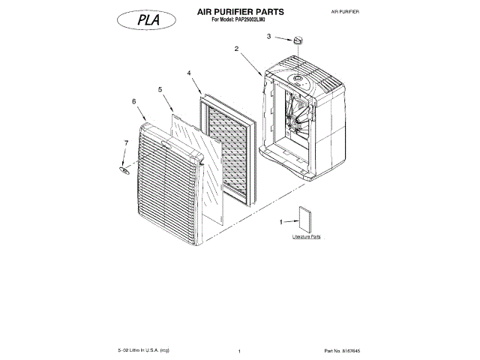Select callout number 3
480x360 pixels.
click(x=268, y=36)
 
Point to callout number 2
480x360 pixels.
click(x=236, y=49)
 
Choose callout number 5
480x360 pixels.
click(x=160, y=89)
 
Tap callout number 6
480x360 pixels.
click(x=133, y=100)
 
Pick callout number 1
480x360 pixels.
click(x=281, y=222)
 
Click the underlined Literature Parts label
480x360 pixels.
click(x=306, y=236)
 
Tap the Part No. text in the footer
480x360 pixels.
click(x=343, y=350)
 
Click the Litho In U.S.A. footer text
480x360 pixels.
click(x=144, y=350)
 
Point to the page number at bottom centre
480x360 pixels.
click(x=238, y=351)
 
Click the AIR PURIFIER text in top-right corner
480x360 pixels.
click(x=345, y=13)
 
